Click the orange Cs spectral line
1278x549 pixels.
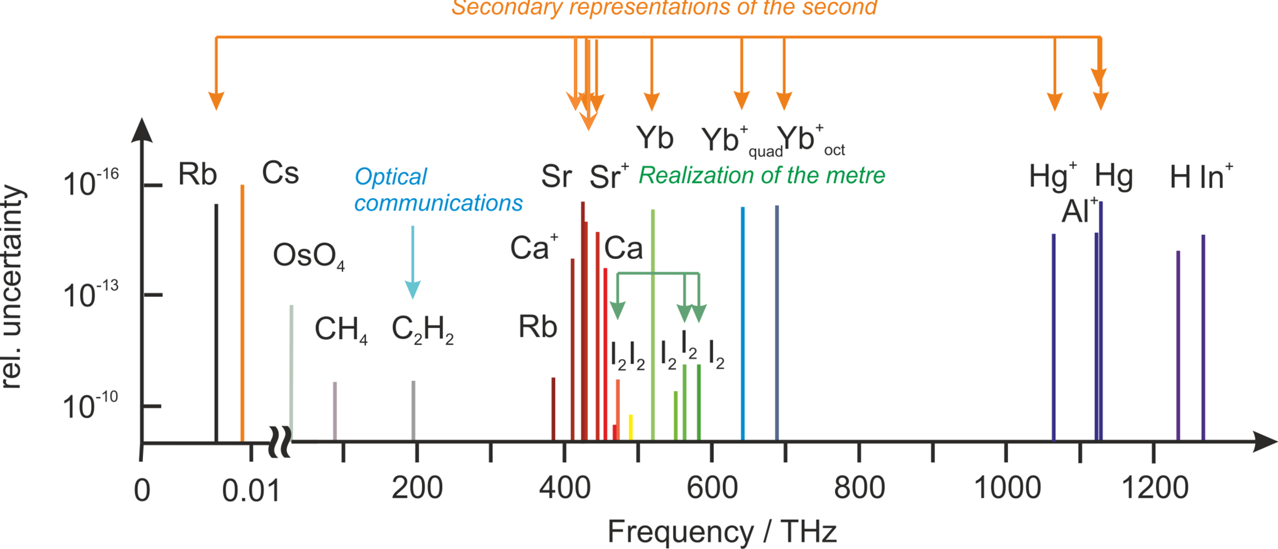pos(242,313)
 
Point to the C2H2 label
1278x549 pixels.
pos(422,329)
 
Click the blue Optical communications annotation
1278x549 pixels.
pos(437,190)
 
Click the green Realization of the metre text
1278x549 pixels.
pos(762,176)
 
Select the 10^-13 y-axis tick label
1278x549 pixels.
pos(91,295)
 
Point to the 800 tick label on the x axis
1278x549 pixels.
pos(859,489)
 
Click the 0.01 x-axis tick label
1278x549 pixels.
pos(251,492)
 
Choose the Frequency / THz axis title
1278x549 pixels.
pos(722,532)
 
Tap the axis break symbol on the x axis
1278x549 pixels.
pos(280,442)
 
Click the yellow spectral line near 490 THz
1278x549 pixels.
pos(631,427)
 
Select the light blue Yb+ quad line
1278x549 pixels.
pos(743,323)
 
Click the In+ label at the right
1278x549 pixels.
pos(1216,177)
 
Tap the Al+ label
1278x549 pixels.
pos(1079,211)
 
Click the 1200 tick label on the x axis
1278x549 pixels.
pos(1155,489)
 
